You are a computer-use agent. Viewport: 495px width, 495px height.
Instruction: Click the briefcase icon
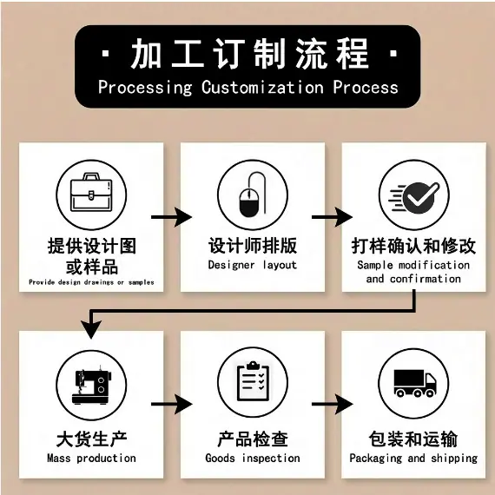(91, 192)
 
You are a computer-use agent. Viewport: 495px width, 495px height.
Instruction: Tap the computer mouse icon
(252, 195)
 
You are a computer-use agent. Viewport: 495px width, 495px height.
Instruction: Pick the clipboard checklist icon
(253, 381)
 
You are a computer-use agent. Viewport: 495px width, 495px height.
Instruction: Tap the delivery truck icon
(415, 383)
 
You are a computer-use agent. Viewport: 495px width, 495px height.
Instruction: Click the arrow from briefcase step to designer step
(171, 217)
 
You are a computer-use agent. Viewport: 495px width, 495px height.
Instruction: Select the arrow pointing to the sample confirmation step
(332, 217)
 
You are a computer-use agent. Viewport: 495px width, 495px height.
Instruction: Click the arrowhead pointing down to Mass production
(91, 329)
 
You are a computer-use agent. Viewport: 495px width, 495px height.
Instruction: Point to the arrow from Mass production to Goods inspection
(171, 404)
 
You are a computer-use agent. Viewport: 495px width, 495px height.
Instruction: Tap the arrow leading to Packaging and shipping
(332, 404)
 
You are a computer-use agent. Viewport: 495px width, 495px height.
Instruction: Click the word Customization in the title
(262, 87)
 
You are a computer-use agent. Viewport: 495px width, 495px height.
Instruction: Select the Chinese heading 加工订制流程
(250, 54)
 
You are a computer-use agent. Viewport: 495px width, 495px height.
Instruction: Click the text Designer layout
(253, 265)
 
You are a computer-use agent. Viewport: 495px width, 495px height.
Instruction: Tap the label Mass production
(91, 458)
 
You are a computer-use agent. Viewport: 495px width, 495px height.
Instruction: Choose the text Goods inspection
(253, 458)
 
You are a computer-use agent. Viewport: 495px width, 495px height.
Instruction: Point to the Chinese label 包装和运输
(413, 439)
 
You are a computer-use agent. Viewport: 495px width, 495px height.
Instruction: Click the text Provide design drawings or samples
(91, 282)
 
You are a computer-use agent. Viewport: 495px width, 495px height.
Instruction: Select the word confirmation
(426, 279)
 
